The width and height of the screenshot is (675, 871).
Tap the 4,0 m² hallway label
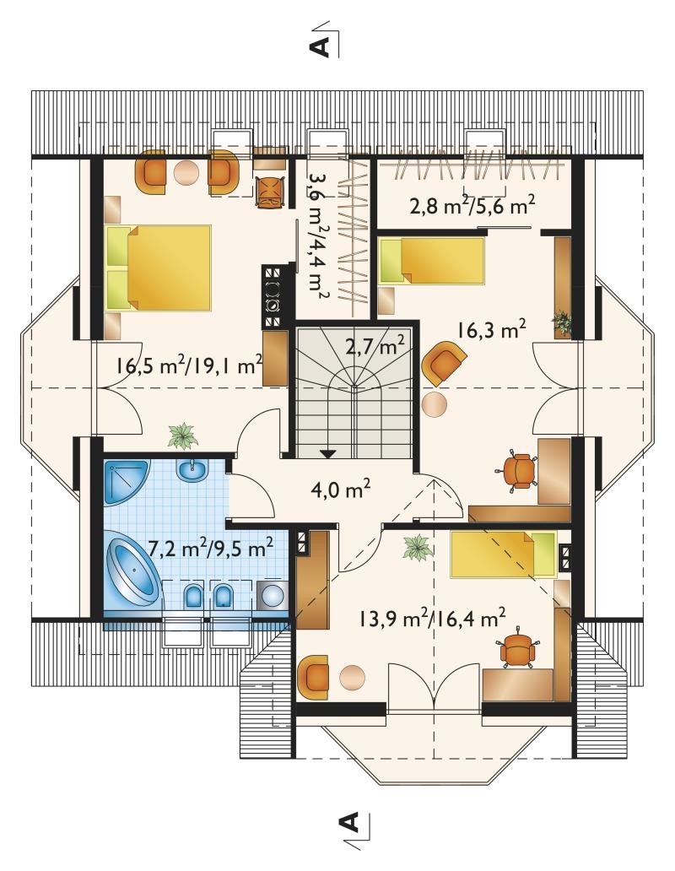(341, 490)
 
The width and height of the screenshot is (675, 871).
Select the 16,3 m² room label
(492, 329)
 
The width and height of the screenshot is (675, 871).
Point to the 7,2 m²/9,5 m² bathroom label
(210, 549)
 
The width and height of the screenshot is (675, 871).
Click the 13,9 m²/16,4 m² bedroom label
(432, 617)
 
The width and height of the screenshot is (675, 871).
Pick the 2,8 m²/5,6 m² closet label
(472, 206)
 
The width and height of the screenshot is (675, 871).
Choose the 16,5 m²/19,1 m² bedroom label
(189, 365)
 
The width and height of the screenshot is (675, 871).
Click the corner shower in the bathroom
(127, 482)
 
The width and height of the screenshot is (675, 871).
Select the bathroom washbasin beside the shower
(192, 471)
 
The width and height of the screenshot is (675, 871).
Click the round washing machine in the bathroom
(272, 595)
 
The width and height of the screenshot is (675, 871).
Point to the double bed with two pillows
(159, 268)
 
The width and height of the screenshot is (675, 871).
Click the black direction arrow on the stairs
(328, 454)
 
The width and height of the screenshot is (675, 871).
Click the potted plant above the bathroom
(182, 435)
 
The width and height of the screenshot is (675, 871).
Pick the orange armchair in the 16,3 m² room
(444, 363)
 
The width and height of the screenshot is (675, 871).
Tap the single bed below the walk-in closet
(432, 260)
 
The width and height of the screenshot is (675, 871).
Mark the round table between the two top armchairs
(186, 173)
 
